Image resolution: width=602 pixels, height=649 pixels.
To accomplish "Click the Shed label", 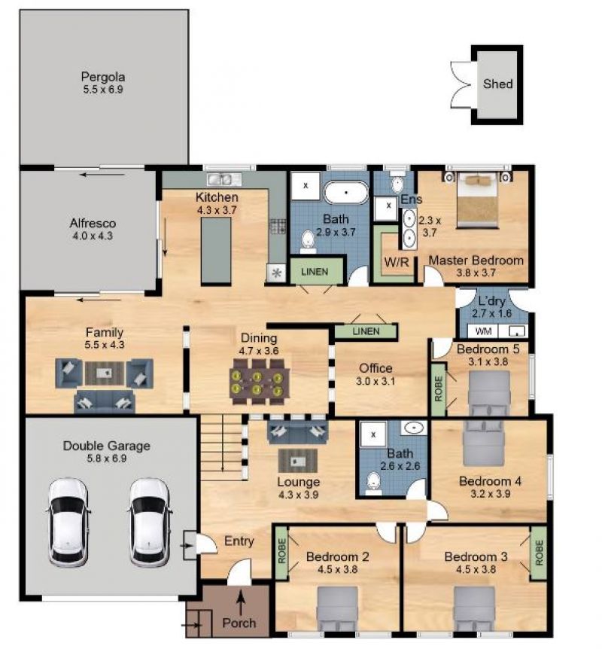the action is point(497,84).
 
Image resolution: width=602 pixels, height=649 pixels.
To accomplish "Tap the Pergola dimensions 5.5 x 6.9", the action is point(103,90).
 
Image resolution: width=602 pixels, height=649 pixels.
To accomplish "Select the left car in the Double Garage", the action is point(68,522).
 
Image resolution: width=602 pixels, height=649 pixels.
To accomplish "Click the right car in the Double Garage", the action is point(150,522).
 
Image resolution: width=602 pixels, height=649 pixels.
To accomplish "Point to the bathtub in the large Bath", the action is point(346,193).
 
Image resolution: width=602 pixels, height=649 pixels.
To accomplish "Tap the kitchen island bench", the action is point(216,251).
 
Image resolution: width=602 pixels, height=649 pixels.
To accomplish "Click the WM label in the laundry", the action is point(483,331).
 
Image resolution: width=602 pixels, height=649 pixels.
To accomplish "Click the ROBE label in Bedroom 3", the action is point(539,553).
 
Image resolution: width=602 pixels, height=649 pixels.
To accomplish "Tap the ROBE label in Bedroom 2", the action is point(281,551).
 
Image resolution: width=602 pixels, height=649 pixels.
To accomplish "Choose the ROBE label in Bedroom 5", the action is point(439,389).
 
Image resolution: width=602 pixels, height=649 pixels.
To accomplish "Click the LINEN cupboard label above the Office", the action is point(366,331).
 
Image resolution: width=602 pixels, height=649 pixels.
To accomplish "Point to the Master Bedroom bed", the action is point(478,200).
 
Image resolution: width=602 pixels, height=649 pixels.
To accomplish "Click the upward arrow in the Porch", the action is point(241,602).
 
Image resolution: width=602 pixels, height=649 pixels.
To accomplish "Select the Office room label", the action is point(375,368).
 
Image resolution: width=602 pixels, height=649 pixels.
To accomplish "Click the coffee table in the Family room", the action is point(105,373).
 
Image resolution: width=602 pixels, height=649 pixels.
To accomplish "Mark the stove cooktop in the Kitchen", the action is point(278,227).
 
